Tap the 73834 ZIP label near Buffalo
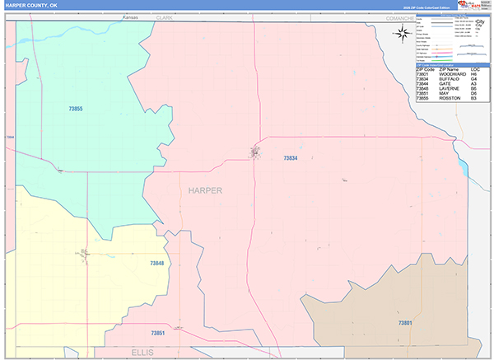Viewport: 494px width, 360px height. [x=290, y=158]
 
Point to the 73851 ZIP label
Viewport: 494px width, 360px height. [x=159, y=333]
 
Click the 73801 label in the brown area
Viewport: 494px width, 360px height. [x=406, y=323]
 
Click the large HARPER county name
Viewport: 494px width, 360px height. [x=205, y=190]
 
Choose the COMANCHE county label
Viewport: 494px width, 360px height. [x=394, y=16]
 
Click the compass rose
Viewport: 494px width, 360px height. [x=403, y=33]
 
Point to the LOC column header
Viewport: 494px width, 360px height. [x=475, y=69]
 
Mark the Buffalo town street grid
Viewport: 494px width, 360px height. [x=255, y=152]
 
